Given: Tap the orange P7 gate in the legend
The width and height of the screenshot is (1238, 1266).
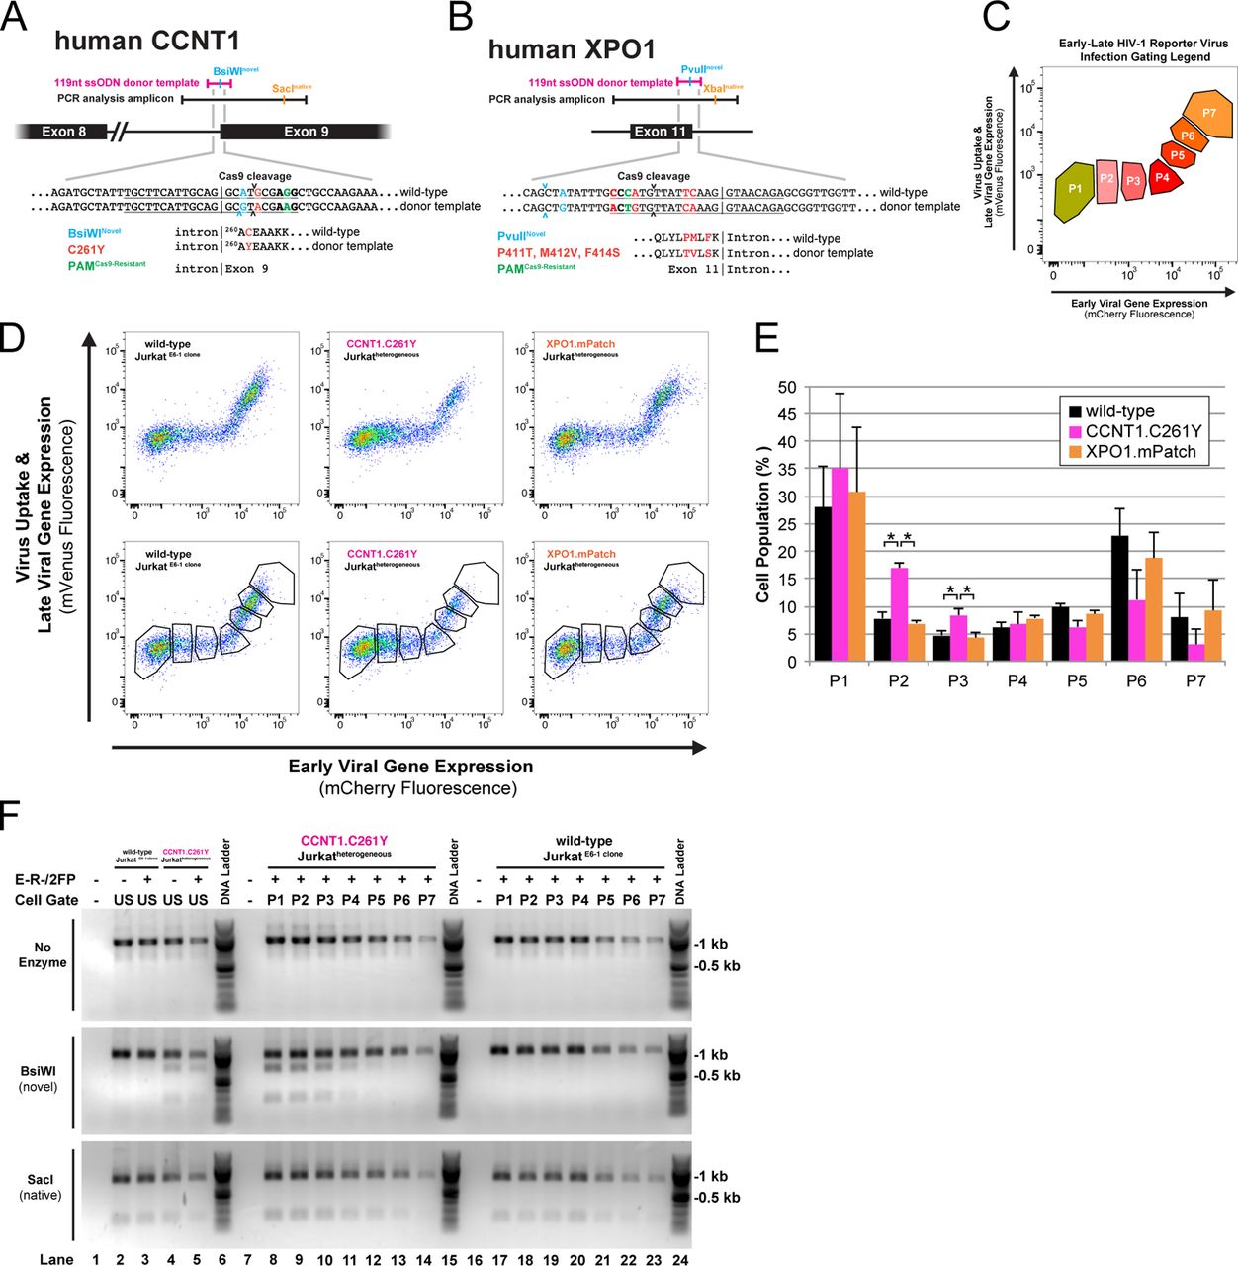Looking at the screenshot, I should [x=1207, y=113].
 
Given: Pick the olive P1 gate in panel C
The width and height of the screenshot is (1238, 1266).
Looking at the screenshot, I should [x=1075, y=189].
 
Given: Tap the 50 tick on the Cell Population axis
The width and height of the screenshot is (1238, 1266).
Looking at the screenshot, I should [x=787, y=388].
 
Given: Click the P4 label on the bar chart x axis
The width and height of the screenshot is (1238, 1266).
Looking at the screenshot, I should [x=1017, y=681].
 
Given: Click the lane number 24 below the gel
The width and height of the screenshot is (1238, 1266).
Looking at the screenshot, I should [x=680, y=1259].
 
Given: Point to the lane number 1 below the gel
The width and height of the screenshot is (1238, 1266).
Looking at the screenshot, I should [x=96, y=1259].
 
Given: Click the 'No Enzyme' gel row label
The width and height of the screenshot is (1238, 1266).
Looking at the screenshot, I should [x=43, y=954].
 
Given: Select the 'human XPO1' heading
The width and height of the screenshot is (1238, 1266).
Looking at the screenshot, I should [x=571, y=49].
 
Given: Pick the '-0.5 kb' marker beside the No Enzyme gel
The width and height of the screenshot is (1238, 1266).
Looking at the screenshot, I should [x=717, y=966].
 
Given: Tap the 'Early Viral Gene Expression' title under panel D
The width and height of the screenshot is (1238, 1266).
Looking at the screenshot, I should [x=410, y=767].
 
